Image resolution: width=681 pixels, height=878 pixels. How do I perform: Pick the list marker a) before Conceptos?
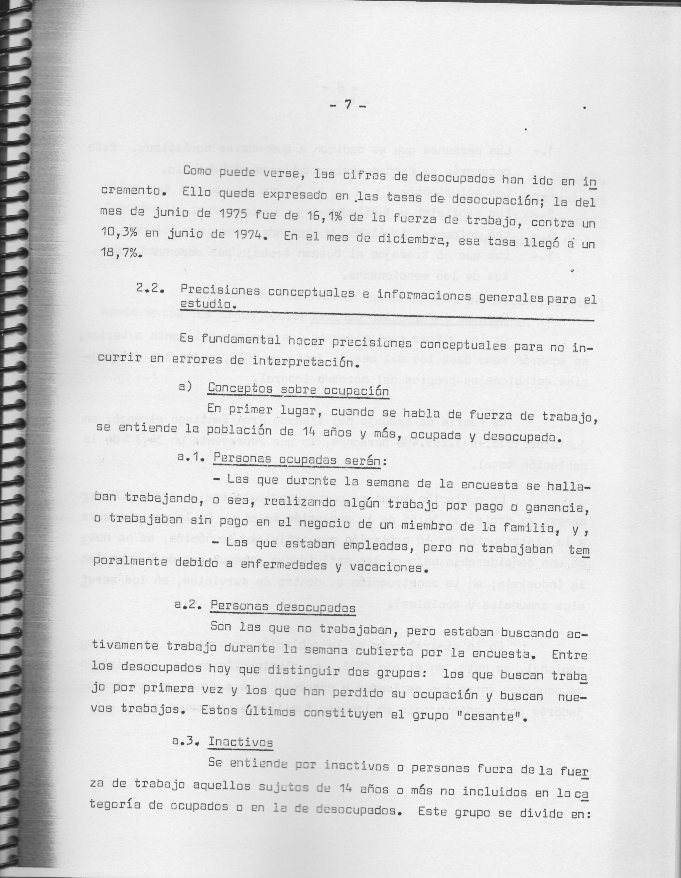point(187,389)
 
